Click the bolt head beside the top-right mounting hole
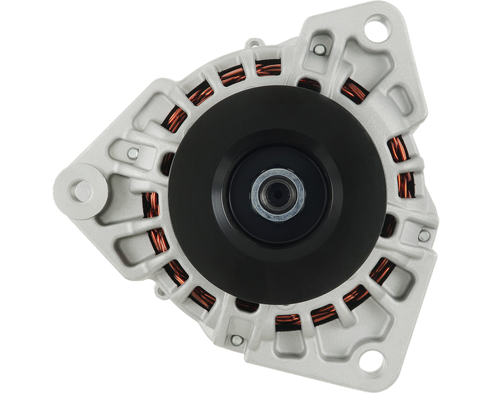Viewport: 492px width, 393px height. click(319, 50)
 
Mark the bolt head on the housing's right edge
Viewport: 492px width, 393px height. click(424, 234)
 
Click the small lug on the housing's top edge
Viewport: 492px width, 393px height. click(253, 45)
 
